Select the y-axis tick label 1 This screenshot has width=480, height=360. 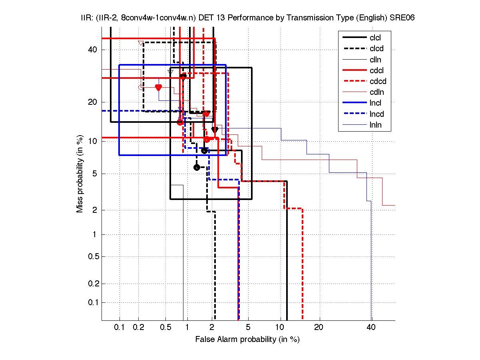94,234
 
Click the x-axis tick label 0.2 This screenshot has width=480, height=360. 139,328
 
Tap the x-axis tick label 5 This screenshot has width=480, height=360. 248,328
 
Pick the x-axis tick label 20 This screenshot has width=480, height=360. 318,328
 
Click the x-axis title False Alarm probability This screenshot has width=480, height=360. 247,340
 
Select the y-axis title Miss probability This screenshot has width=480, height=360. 80,174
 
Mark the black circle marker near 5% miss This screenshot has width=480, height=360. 197,167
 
